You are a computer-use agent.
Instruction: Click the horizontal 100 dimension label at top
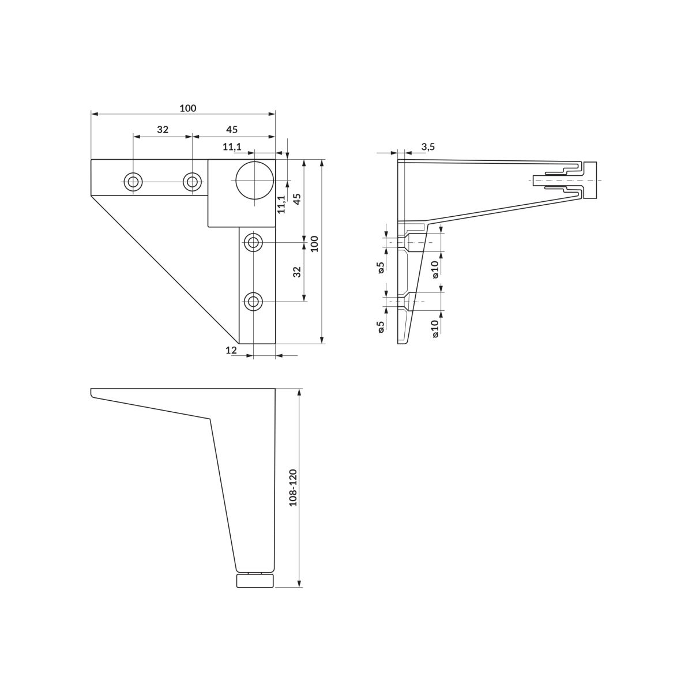[188, 108]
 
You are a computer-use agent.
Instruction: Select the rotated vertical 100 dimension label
[314, 244]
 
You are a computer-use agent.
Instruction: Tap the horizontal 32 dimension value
[163, 129]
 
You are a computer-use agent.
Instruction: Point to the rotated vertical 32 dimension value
[296, 272]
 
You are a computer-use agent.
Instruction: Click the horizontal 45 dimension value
[232, 129]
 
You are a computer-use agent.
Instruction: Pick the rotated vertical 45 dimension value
[297, 199]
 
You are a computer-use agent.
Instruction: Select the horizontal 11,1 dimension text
[232, 146]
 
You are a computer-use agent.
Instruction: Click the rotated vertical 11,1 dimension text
[281, 204]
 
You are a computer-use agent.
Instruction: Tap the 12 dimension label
[232, 350]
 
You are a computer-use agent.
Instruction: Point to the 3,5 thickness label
[428, 146]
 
